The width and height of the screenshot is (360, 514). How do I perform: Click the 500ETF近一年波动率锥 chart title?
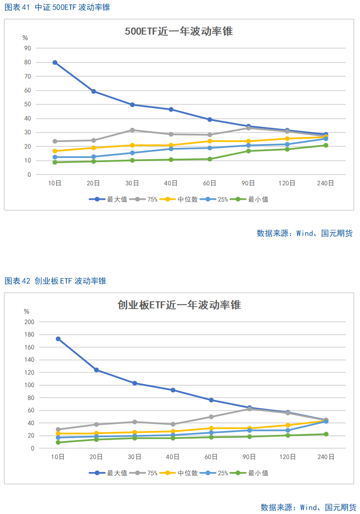179,31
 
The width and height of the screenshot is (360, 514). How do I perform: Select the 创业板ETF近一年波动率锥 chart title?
179,305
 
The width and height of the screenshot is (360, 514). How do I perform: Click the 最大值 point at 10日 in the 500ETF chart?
55,62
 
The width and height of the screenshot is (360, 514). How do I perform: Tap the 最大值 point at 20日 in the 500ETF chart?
93,91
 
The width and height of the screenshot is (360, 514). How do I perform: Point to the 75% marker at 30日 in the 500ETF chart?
132,130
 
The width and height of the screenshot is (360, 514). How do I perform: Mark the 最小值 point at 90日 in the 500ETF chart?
248,151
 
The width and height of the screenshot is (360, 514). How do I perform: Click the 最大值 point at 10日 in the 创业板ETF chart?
58,339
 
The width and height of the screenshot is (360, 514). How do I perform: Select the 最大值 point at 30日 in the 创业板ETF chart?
135,383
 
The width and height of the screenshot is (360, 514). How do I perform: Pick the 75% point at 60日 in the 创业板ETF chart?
211,417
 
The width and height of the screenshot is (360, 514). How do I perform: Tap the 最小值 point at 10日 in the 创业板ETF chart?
58,442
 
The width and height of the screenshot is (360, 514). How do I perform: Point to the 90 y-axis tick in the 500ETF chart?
28,48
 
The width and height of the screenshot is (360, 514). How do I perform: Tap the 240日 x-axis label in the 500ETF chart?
326,183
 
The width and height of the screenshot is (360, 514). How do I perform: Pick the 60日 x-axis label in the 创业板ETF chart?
211,457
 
